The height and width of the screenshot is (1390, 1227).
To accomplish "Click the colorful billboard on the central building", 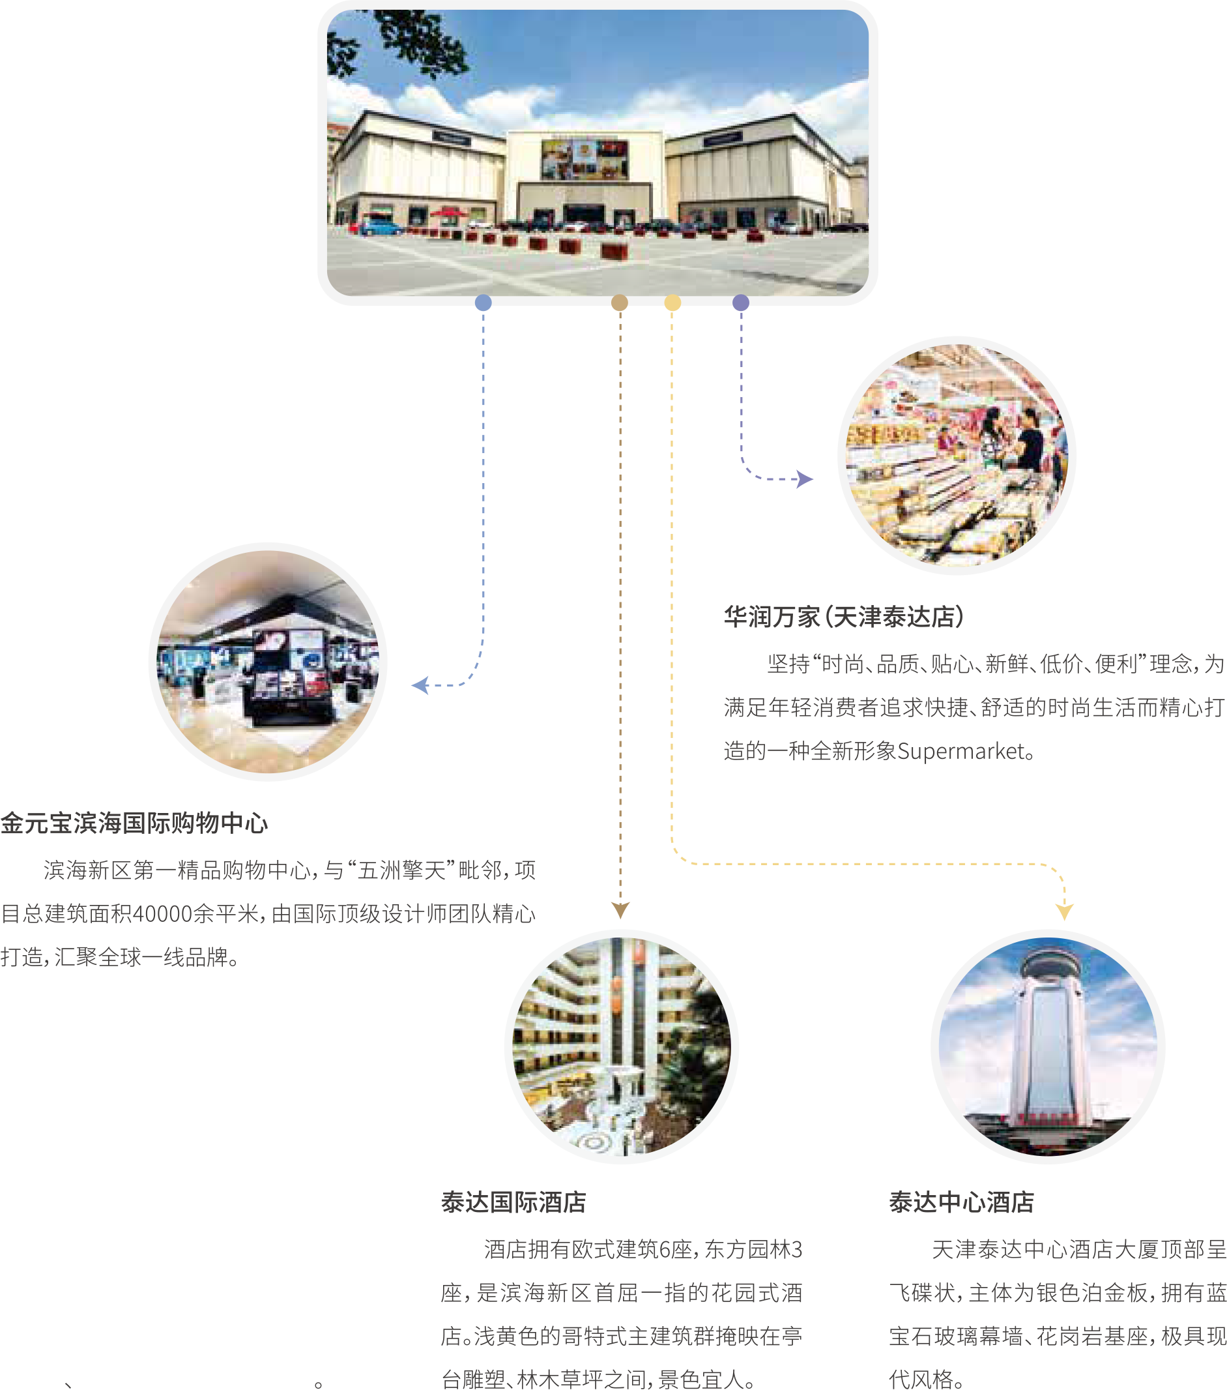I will tap(585, 160).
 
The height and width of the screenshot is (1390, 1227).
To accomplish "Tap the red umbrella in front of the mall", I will tap(450, 213).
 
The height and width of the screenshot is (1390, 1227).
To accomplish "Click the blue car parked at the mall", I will tap(381, 228).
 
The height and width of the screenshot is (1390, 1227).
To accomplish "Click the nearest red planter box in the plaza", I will tap(614, 251).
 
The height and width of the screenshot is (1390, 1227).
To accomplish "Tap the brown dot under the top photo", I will tap(619, 303).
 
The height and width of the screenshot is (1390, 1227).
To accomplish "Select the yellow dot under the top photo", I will tap(672, 303).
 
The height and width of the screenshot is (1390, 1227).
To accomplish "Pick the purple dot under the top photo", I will tap(741, 303).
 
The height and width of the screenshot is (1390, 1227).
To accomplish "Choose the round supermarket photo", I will tap(957, 455).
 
